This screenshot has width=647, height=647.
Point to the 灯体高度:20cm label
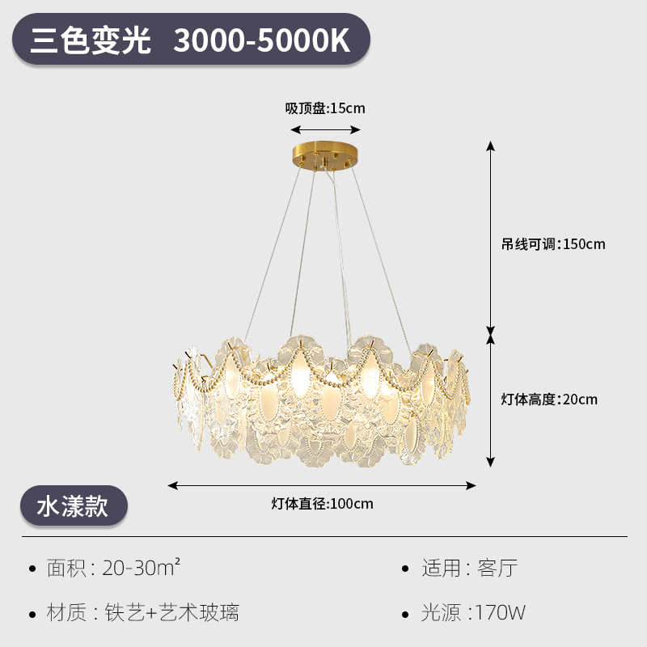[549, 399]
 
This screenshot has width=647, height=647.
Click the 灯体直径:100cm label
[322, 504]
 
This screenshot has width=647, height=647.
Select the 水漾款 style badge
[73, 506]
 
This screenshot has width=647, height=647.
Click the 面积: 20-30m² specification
[112, 568]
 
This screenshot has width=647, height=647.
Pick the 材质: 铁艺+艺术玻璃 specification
[142, 612]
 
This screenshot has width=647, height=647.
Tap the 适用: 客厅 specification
[468, 568]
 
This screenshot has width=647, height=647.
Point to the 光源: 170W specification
[473, 612]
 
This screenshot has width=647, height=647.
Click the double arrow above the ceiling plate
[326, 129]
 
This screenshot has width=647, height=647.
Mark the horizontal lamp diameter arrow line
[322, 485]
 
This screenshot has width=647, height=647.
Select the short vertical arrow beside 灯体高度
[489, 400]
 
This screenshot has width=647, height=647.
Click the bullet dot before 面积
[32, 569]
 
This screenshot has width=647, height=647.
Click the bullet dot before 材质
[32, 613]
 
